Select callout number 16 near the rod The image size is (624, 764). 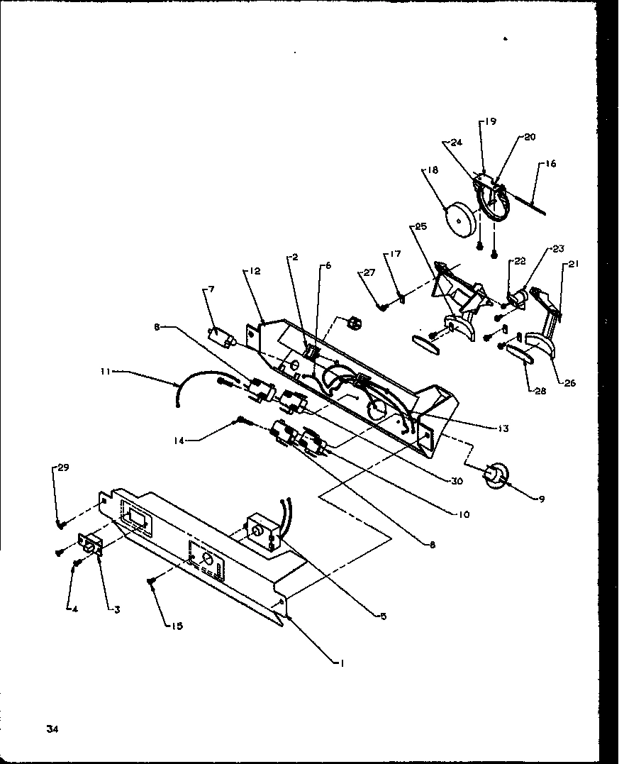[551, 164]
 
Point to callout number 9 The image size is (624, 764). [541, 499]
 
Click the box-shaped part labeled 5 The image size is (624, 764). [262, 533]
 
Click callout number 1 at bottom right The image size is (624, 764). [341, 663]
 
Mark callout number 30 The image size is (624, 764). [457, 480]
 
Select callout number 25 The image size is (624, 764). [420, 226]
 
